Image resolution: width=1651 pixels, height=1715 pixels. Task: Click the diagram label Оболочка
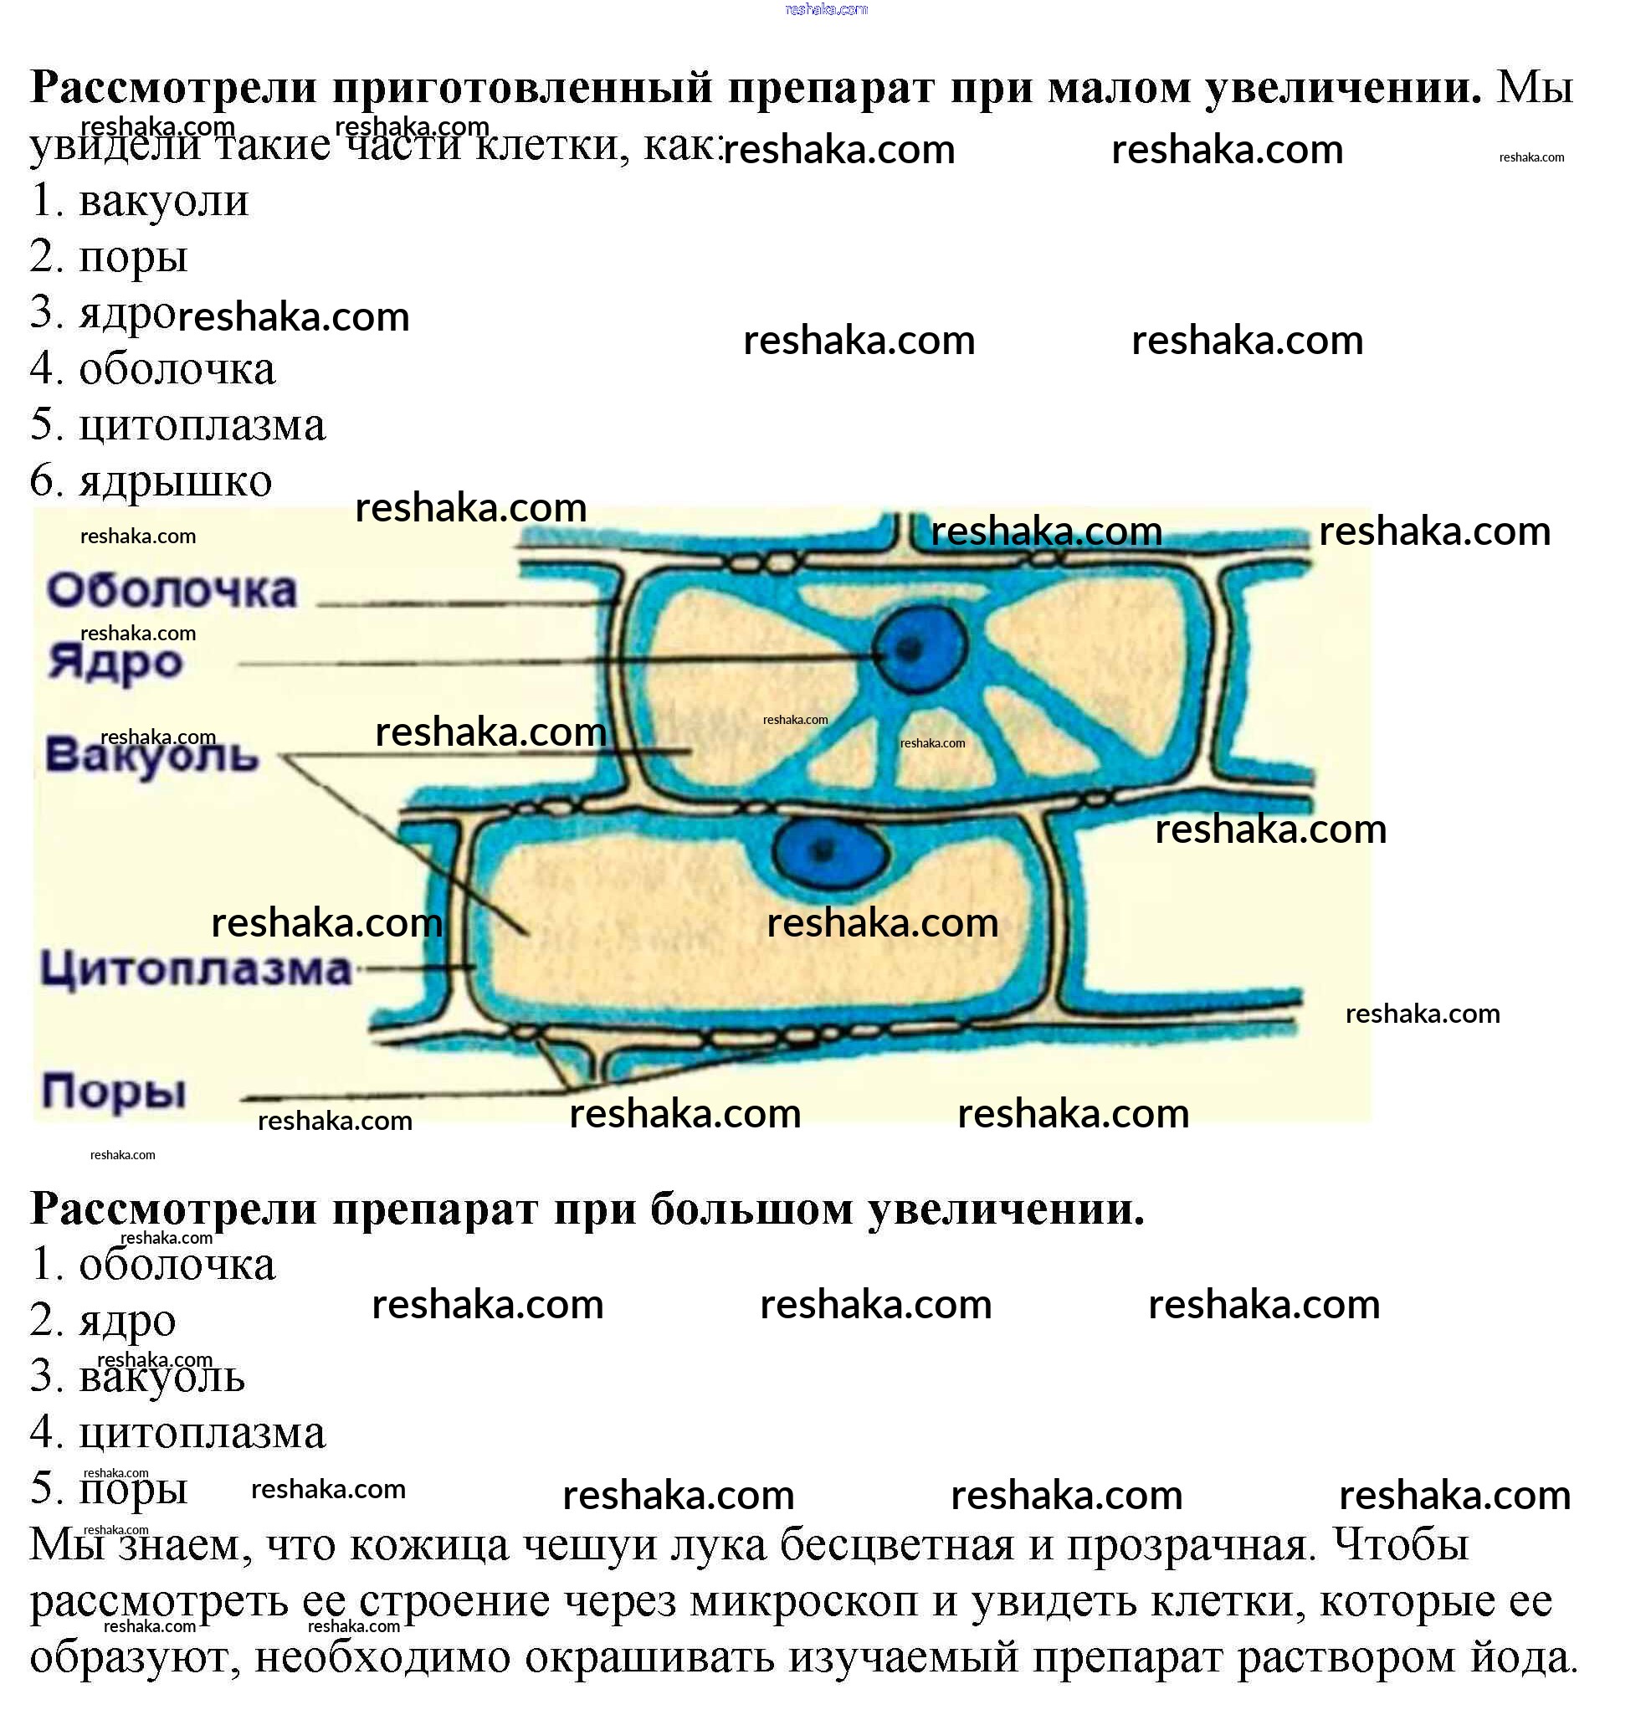coord(172,591)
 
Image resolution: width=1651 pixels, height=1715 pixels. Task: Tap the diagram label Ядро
coord(115,662)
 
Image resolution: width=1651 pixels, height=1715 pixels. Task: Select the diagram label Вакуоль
coord(151,755)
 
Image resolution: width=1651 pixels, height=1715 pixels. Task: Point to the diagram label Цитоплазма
coord(195,969)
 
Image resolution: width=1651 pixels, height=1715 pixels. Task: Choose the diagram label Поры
coord(114,1091)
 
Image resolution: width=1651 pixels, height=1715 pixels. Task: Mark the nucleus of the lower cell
coord(828,850)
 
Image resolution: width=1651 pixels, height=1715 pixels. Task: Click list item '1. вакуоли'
coord(140,200)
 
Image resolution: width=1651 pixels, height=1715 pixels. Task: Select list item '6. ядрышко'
coord(151,480)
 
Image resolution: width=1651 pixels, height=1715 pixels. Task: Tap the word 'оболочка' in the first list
coord(177,368)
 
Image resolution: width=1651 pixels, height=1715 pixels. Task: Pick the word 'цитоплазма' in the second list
coord(203,1432)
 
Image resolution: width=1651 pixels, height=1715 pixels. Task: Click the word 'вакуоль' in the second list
coord(162,1376)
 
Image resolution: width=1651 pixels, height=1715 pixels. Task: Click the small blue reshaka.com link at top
coord(826,9)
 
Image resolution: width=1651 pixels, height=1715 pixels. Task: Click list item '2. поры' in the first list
coord(110,256)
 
